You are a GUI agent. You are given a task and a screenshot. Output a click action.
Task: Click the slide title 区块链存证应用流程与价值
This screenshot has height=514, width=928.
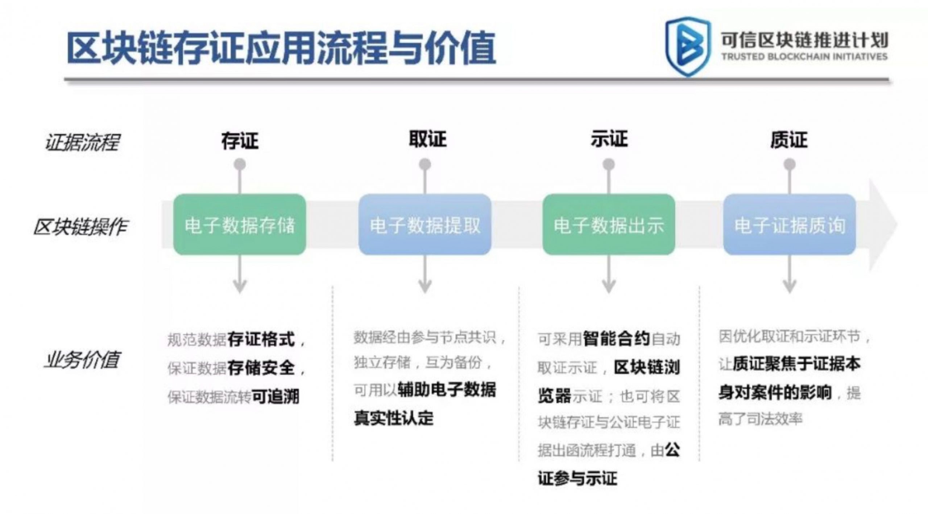281,48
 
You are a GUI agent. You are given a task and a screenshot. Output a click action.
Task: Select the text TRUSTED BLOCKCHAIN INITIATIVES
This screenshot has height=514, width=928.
804,57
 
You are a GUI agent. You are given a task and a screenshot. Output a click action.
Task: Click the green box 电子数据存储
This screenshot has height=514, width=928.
240,225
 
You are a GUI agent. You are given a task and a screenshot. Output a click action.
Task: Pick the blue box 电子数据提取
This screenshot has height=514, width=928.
425,225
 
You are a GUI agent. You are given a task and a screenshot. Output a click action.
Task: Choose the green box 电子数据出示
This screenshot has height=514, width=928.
609,225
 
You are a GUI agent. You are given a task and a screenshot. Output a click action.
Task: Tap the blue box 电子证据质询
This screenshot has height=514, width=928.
790,225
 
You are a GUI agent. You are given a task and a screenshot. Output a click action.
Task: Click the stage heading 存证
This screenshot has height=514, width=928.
240,141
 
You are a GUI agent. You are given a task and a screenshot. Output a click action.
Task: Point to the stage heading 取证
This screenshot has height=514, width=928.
427,139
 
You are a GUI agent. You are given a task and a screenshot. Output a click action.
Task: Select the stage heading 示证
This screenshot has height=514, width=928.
609,139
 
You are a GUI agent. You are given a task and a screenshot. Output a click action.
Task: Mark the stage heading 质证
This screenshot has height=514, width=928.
789,140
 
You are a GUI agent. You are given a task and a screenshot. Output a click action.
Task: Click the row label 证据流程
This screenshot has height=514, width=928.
82,142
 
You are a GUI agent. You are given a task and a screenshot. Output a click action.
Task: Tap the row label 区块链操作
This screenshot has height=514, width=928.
80,227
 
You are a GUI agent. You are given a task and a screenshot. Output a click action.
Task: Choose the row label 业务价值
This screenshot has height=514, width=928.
82,360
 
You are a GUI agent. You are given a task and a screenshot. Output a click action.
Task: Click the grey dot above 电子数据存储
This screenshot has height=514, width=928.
240,165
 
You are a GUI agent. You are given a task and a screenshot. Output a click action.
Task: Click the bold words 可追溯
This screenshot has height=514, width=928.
275,397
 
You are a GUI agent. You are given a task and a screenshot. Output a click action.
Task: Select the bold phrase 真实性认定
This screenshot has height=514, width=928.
394,418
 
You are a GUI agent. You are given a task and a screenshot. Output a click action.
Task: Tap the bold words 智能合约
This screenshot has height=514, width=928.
617,339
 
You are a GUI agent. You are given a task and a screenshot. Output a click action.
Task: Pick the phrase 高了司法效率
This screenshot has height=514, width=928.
761,419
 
